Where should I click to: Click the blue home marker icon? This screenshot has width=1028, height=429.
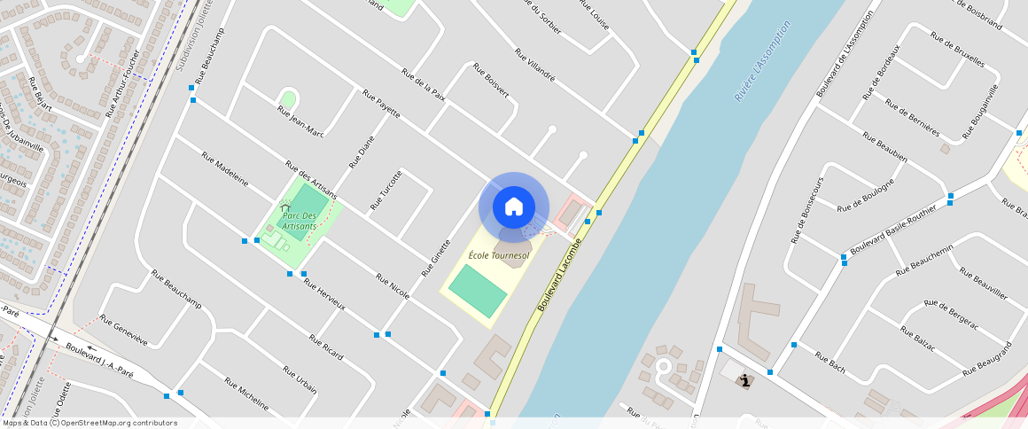coord(514,207)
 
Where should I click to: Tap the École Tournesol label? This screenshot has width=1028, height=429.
coord(499,255)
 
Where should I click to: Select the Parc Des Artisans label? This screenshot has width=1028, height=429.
coord(300,221)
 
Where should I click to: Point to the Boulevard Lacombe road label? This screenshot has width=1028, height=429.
coord(559,274)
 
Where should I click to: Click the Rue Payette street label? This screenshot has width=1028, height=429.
coord(381,103)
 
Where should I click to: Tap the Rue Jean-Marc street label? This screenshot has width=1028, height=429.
coord(300,121)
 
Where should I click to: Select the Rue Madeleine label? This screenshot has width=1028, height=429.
coord(225,168)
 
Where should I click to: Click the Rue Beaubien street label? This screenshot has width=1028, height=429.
coord(887,144)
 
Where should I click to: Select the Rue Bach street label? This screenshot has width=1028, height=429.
coord(832,362)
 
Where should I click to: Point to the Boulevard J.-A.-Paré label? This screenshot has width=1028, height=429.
coord(99,361)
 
